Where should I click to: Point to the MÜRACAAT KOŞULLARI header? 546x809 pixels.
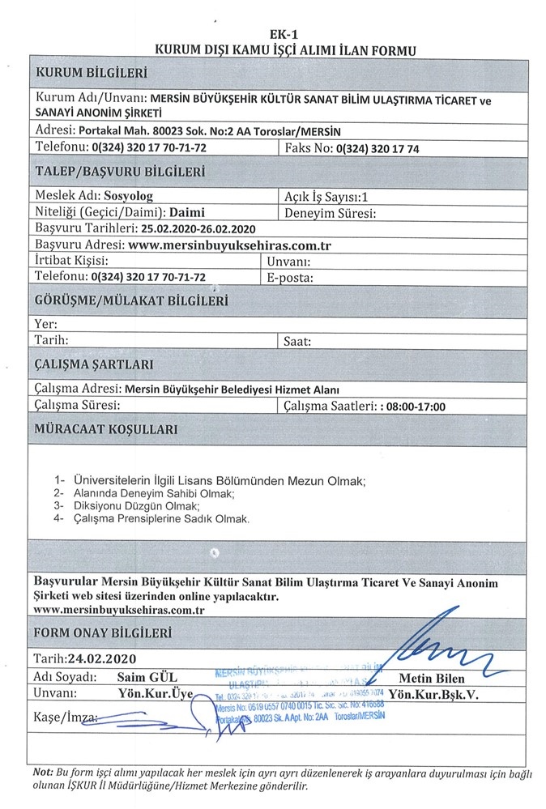[106, 429]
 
